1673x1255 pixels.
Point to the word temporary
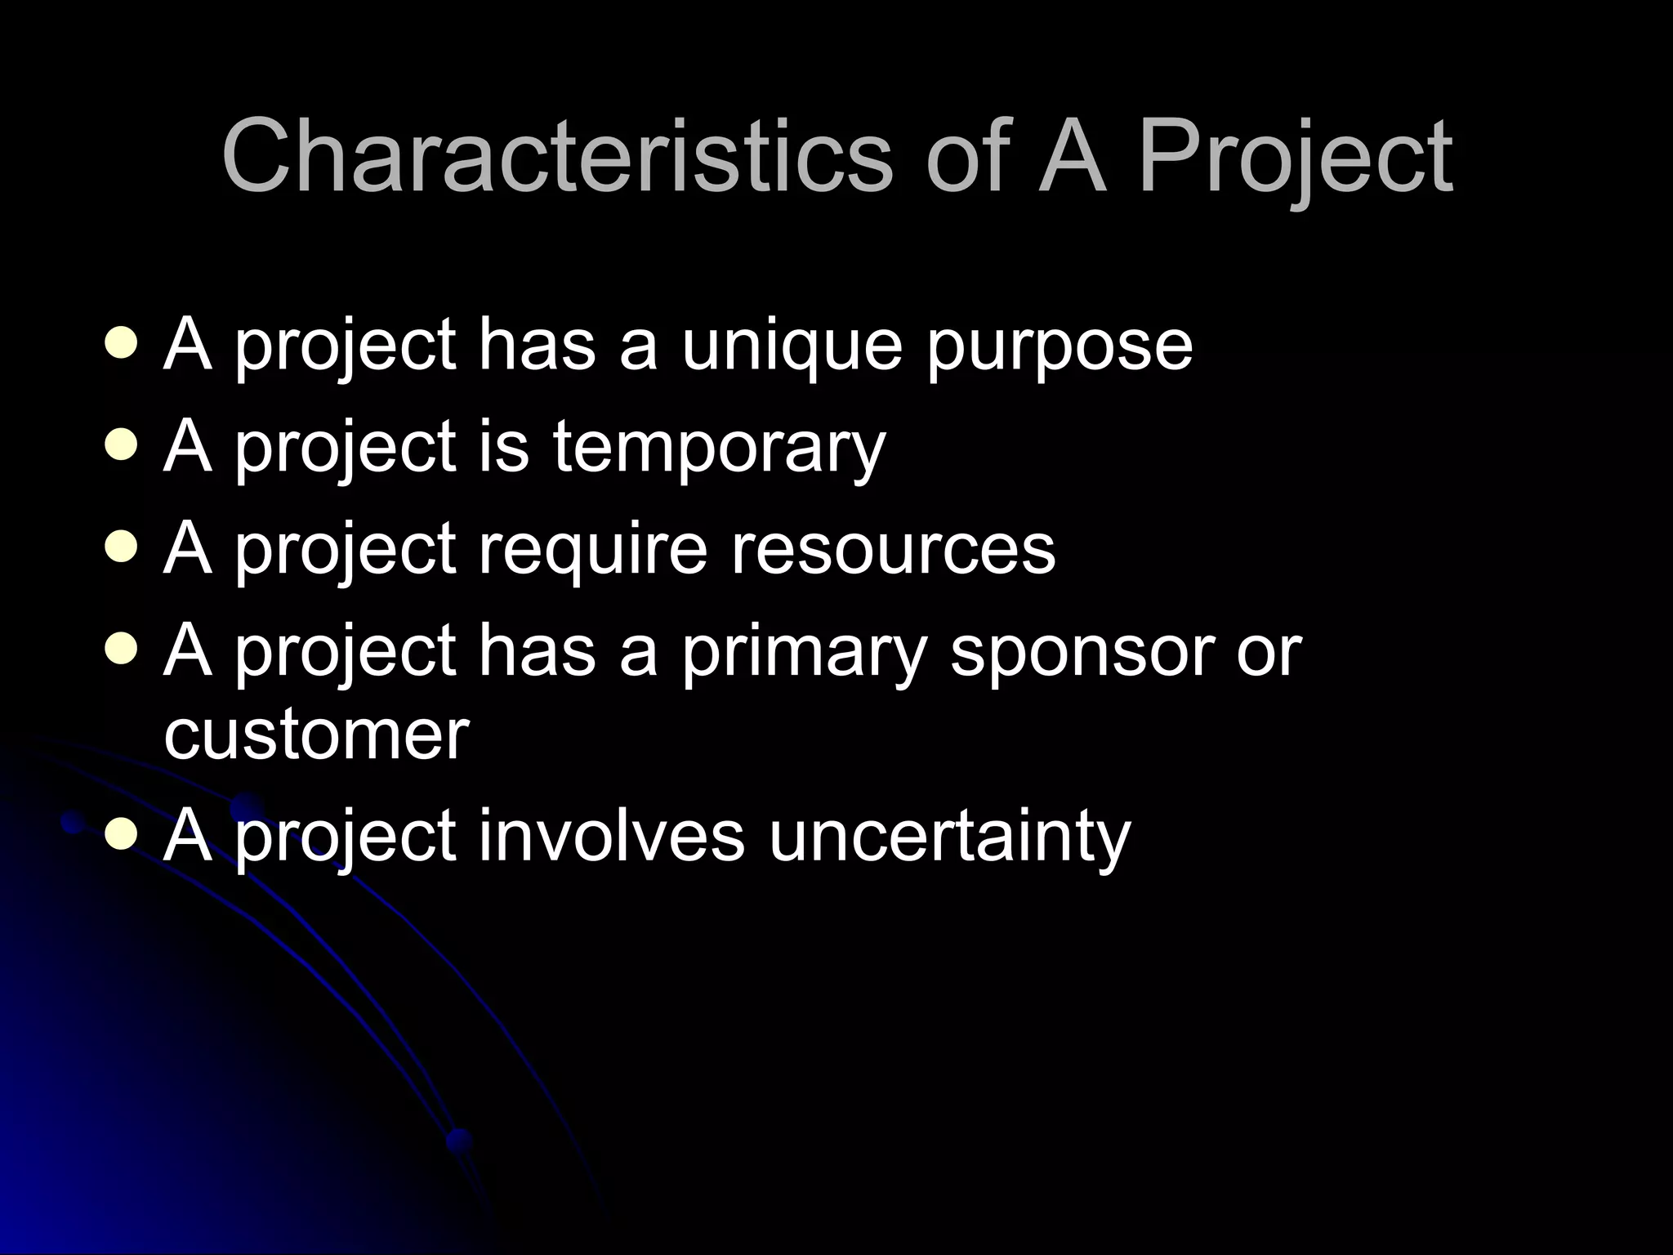(719, 449)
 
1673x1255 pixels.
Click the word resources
(892, 551)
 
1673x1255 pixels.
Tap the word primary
(805, 653)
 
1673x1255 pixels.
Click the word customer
(316, 735)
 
